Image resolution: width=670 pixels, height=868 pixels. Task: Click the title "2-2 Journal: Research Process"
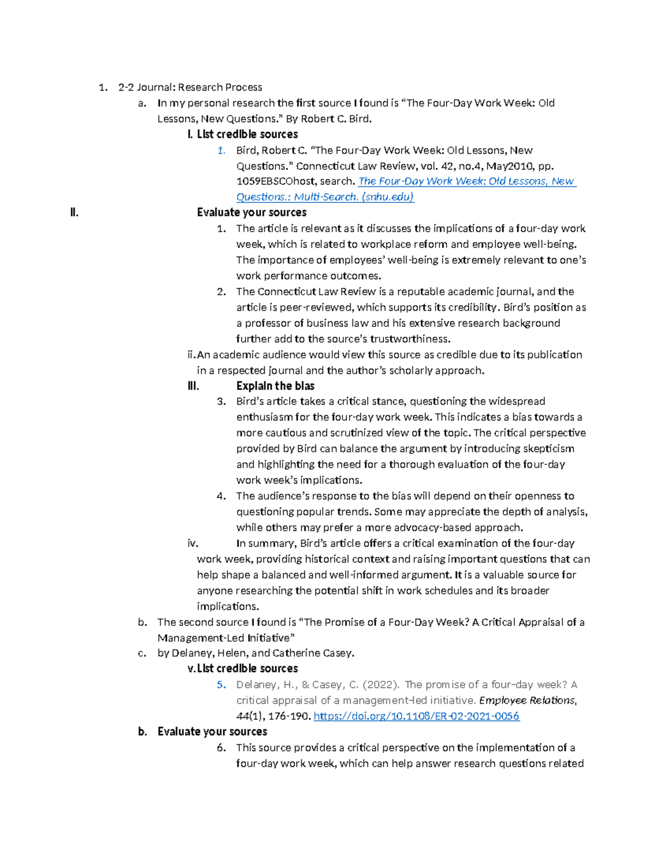[x=190, y=87]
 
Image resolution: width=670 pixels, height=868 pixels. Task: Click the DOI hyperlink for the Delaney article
[x=417, y=716]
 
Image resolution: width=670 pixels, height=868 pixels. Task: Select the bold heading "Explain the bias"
[x=275, y=386]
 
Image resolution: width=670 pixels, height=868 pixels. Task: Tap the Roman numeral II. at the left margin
[x=74, y=212]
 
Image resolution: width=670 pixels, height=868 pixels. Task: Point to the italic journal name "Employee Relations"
[x=527, y=700]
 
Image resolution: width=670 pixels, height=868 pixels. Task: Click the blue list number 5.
[x=221, y=685]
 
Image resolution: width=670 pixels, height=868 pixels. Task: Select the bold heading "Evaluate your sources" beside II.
[x=252, y=212]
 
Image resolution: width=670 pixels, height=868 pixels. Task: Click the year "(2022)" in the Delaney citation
[x=381, y=685]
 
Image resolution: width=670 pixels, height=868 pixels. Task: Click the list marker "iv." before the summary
[x=193, y=543]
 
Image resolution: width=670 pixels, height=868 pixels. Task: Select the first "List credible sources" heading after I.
[x=247, y=134]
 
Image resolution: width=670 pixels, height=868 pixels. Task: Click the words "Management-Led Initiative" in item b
[x=223, y=638]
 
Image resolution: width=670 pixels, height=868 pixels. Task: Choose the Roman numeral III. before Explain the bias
[x=193, y=386]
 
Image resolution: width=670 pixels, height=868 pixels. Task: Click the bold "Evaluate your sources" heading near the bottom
[x=212, y=732]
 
